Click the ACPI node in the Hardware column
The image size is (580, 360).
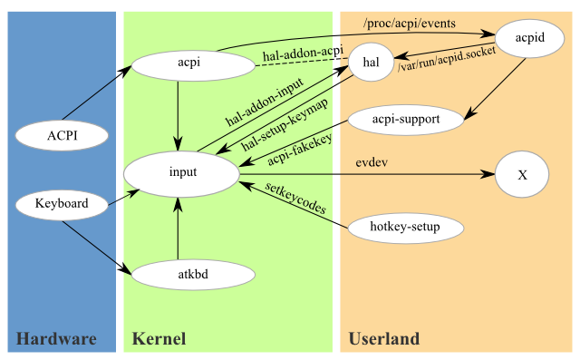62,135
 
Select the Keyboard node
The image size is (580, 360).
62,204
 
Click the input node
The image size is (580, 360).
181,174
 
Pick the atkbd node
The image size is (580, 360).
193,275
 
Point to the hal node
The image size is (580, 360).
371,63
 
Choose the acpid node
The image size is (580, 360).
529,38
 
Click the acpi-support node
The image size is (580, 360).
406,120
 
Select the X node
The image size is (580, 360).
522,174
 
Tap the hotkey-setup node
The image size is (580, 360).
406,228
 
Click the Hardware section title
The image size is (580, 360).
56,339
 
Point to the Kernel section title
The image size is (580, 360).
159,339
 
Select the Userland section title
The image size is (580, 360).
384,339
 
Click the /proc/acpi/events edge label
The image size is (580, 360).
410,24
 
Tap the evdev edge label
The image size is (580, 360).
372,162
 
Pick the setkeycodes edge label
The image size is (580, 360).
295,199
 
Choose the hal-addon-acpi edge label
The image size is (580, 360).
303,54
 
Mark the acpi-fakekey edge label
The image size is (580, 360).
300,150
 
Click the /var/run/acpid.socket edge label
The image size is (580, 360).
447,59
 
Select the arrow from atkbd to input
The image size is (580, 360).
178,229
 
